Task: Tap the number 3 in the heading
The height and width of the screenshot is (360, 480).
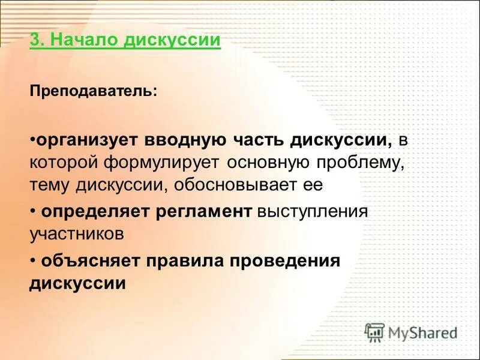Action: (34, 41)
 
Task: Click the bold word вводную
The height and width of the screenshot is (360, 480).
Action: (185, 141)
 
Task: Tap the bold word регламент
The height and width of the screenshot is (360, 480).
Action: (204, 212)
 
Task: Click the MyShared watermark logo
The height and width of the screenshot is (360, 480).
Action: (411, 332)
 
